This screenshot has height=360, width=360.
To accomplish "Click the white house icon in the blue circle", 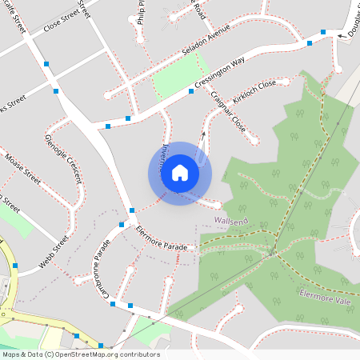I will [180, 173].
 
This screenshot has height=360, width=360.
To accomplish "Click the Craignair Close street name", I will [228, 111].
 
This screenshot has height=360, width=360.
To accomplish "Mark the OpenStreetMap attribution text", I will [80, 354].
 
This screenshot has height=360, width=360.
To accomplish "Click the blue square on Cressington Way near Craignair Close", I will [191, 91].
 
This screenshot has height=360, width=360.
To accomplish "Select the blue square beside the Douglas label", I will [323, 32].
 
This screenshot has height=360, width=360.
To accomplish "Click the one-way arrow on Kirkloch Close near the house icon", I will [202, 135].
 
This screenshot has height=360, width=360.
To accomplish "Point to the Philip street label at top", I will [142, 11].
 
